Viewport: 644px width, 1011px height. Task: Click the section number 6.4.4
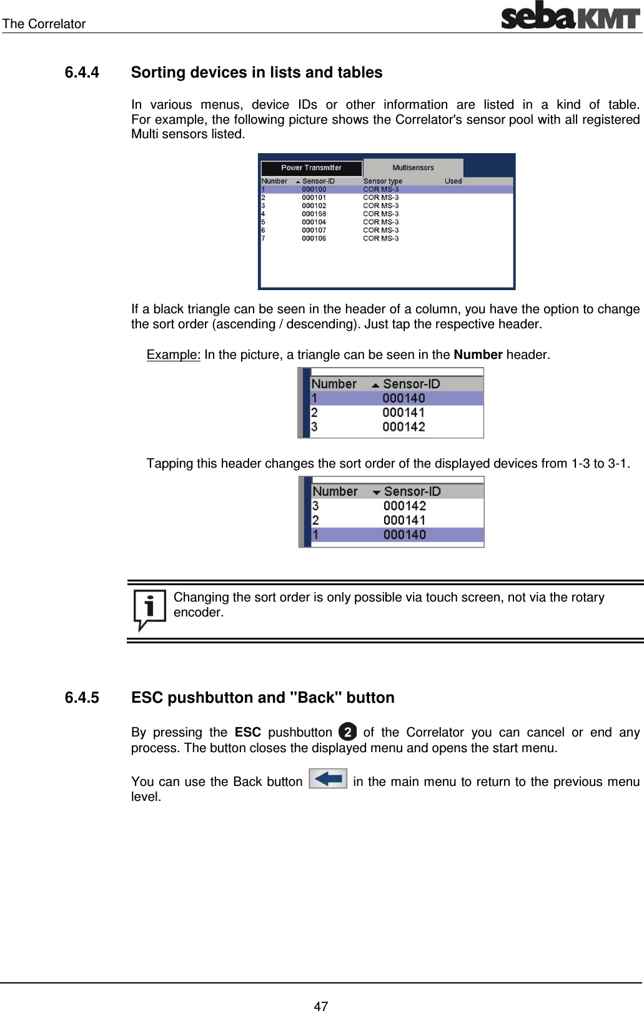[x=82, y=73]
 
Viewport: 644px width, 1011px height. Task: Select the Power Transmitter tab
[x=311, y=168]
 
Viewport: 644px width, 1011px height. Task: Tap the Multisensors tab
[x=413, y=168]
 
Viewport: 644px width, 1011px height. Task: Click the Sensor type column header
[x=382, y=181]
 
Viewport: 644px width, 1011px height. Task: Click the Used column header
[x=453, y=181]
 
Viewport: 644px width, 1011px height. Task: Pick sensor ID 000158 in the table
[x=314, y=214]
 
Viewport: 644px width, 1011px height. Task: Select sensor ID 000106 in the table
[x=314, y=238]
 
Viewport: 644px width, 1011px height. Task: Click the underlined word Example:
[x=173, y=355]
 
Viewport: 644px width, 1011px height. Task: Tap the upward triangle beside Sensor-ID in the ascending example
[x=375, y=385]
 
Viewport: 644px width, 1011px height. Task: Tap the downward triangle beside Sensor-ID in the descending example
[x=376, y=493]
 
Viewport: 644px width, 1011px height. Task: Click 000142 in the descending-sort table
[x=404, y=506]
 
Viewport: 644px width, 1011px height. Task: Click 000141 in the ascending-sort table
[x=404, y=413]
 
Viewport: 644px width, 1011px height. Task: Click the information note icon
[x=149, y=609]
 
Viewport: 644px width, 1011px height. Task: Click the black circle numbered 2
[x=347, y=732]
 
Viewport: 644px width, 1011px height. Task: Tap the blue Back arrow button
[x=328, y=779]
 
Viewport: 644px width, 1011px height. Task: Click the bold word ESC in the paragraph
[x=247, y=732]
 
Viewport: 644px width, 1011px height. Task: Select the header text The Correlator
[x=44, y=24]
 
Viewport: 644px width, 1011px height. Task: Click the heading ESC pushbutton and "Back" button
[x=262, y=698]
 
